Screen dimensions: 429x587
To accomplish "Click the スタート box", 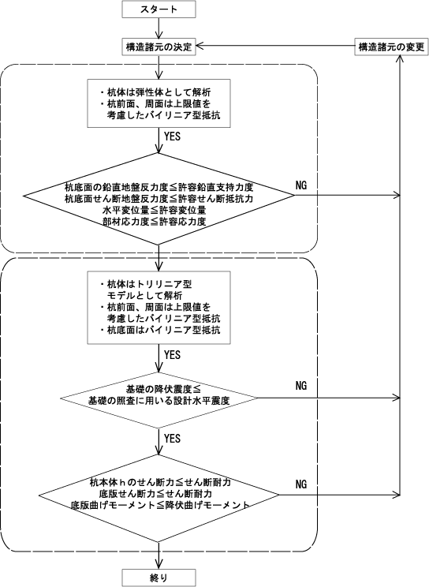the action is pyautogui.click(x=159, y=9).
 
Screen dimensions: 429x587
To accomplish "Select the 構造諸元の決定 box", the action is pyautogui.click(x=159, y=47).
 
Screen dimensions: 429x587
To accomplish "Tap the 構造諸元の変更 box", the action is pyautogui.click(x=391, y=47).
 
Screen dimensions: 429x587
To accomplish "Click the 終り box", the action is pyautogui.click(x=159, y=578).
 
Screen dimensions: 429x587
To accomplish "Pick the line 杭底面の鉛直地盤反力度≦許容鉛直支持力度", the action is pyautogui.click(x=159, y=187).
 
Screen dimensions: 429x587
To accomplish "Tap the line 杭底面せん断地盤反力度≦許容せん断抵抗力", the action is pyautogui.click(x=159, y=198).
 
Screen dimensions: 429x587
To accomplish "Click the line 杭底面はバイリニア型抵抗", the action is pyautogui.click(x=160, y=330).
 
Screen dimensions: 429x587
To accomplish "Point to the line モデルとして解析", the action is pyautogui.click(x=144, y=296).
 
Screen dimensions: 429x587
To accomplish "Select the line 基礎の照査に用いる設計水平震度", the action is pyautogui.click(x=159, y=401).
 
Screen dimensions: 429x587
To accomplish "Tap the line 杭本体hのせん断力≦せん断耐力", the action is pyautogui.click(x=160, y=482).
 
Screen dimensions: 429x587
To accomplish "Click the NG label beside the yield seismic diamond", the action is pyautogui.click(x=301, y=386).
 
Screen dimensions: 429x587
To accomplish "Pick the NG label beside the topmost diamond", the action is pyautogui.click(x=301, y=185).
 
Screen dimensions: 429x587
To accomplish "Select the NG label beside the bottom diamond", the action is pyautogui.click(x=301, y=484).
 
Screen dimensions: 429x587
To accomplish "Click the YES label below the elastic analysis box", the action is pyautogui.click(x=172, y=136).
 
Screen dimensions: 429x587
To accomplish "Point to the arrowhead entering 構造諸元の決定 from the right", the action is pyautogui.click(x=200, y=46).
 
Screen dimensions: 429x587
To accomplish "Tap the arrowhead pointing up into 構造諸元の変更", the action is pyautogui.click(x=400, y=58).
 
